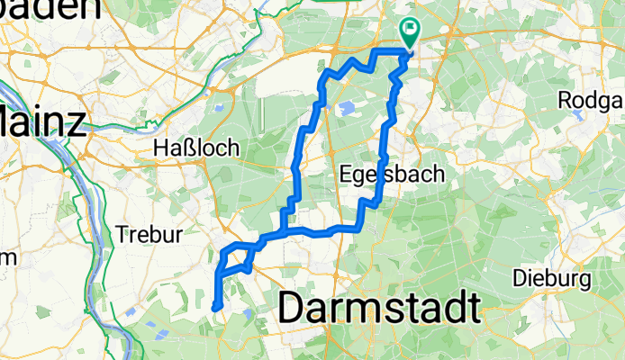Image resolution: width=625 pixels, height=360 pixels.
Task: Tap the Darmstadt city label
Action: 379,308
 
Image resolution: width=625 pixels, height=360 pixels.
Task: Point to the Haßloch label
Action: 195,147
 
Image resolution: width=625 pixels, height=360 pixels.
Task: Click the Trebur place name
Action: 149,234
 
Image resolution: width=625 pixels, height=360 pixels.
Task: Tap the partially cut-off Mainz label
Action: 41,122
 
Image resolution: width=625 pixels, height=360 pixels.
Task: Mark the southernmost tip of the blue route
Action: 214,309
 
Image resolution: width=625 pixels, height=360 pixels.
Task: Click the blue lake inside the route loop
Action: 346,110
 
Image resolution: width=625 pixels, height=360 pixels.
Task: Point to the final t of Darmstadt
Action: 472,308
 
